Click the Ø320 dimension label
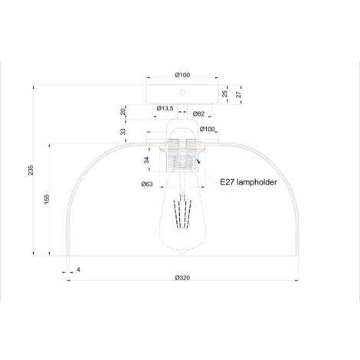click(x=182, y=278)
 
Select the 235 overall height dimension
click(x=31, y=170)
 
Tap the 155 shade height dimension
click(x=47, y=199)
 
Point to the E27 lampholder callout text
click(x=248, y=182)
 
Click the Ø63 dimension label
click(x=147, y=184)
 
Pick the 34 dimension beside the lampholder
click(x=146, y=160)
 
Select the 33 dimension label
click(x=123, y=132)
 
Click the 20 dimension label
click(x=123, y=112)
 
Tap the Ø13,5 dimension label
click(x=165, y=108)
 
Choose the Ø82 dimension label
click(x=198, y=113)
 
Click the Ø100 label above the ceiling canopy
click(x=182, y=75)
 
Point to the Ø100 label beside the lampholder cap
click(x=208, y=129)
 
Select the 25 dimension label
click(x=224, y=93)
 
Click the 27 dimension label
click(x=238, y=94)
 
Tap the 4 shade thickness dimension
click(x=78, y=270)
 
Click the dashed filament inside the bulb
click(x=182, y=213)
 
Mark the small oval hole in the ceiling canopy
click(x=182, y=92)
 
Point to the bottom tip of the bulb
click(x=182, y=252)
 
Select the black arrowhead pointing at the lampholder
click(x=198, y=161)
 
